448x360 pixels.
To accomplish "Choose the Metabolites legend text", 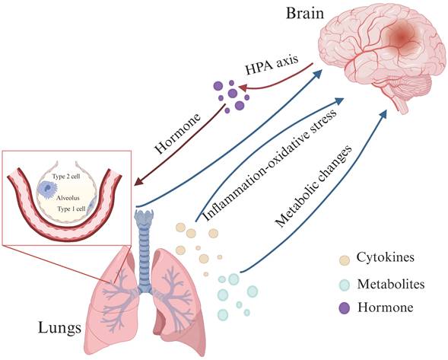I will point(390,284).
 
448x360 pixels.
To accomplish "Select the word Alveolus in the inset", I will point(68,196).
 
